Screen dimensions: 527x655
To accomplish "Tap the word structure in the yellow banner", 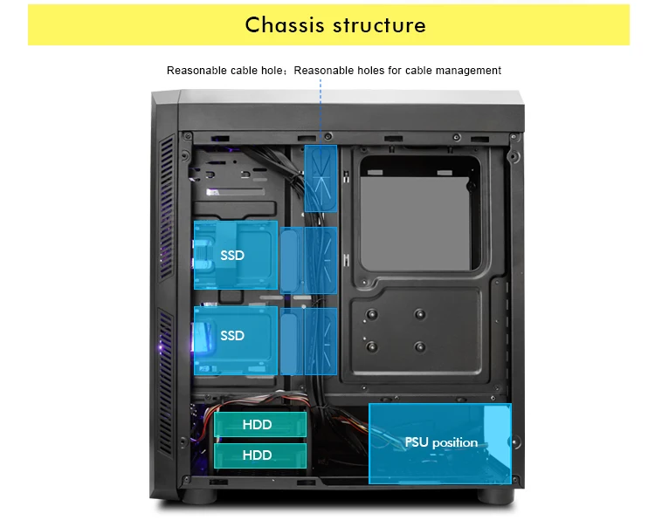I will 378,24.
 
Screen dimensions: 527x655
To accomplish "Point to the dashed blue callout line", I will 321,105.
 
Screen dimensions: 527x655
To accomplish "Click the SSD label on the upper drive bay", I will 232,256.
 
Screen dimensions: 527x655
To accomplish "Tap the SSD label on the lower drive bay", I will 232,336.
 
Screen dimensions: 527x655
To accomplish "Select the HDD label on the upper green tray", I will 257,425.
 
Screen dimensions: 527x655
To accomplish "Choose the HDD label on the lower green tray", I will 257,455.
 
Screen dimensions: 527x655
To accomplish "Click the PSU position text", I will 441,442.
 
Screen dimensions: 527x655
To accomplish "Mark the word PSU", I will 417,442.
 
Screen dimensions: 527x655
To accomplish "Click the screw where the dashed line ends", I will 327,138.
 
